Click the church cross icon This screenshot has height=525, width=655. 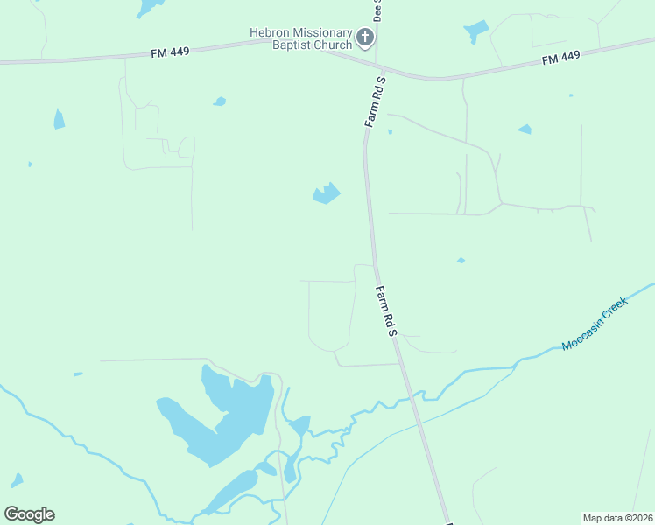point(365,38)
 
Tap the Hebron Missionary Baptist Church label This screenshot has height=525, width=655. point(301,38)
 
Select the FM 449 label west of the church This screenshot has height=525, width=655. point(169,52)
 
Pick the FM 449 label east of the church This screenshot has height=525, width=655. point(560,58)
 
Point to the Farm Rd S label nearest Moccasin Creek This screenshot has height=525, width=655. point(387,311)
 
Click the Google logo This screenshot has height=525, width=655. point(29,514)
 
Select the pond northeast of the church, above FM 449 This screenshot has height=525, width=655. point(476,31)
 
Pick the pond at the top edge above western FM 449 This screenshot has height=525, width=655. point(149,7)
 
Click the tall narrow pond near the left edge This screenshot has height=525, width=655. point(59,119)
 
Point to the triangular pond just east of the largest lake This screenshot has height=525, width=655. point(300,426)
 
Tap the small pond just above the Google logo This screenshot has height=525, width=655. point(17,480)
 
